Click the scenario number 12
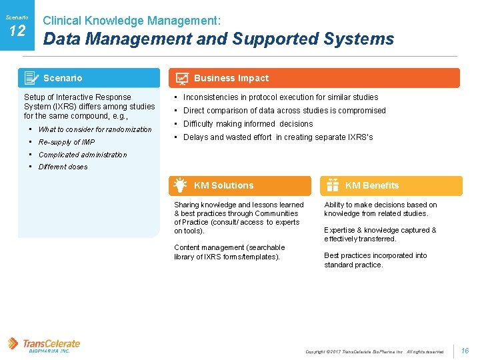17,30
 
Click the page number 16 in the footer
465,351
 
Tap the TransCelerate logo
44,345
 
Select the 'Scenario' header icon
31,78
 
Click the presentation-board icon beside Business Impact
181,78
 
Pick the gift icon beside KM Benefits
332,186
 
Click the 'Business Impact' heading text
231,78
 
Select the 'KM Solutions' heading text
223,185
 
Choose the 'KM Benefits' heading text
372,185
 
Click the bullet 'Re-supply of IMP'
67,142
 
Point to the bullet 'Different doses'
63,167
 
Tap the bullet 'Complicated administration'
83,155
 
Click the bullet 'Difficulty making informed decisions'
248,124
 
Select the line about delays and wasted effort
278,137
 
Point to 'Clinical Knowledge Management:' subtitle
132,21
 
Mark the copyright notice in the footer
374,351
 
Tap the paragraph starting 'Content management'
229,252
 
